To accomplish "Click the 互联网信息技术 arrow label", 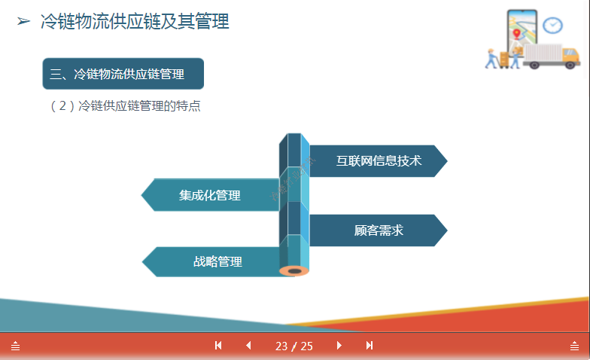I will pyautogui.click(x=379, y=160).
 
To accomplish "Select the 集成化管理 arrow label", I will pyautogui.click(x=210, y=195).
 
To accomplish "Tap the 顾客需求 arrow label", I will pyautogui.click(x=379, y=230).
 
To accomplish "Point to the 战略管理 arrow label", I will pyautogui.click(x=217, y=261).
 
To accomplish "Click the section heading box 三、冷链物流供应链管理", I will pyautogui.click(x=123, y=74).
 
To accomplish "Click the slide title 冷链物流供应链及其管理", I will pyautogui.click(x=135, y=22).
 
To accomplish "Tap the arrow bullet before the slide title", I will pyautogui.click(x=23, y=22).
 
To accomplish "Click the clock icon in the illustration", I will pyautogui.click(x=553, y=25).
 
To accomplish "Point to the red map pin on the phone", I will pyautogui.click(x=516, y=34).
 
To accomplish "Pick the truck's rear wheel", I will pyautogui.click(x=535, y=65).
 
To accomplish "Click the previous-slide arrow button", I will pyautogui.click(x=248, y=346).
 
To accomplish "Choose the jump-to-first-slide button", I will pyautogui.click(x=218, y=346).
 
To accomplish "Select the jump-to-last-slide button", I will pyautogui.click(x=370, y=346).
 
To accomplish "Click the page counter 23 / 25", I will pyautogui.click(x=294, y=346).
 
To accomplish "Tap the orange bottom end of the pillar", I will pyautogui.click(x=294, y=269).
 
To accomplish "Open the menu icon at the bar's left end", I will pyautogui.click(x=15, y=346).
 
